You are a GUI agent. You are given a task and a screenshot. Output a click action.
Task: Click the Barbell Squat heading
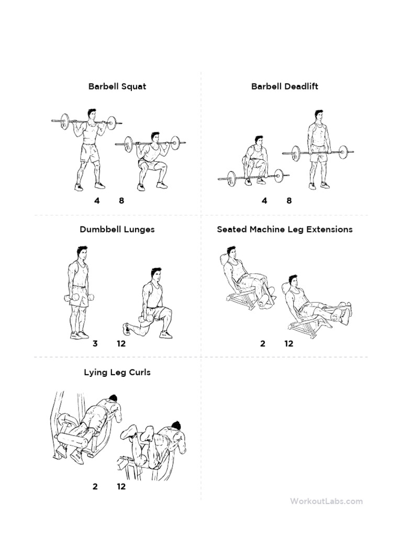(117, 86)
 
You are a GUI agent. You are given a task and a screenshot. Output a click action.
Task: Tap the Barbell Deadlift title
(284, 86)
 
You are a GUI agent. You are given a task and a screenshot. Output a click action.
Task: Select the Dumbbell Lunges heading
(117, 229)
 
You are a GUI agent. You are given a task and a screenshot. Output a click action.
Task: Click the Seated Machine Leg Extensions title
(284, 229)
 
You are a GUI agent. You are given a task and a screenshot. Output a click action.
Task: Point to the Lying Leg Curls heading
(117, 372)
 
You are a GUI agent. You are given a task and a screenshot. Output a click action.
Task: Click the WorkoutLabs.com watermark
(326, 501)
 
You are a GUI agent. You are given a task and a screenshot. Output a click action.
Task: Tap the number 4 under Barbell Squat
(97, 200)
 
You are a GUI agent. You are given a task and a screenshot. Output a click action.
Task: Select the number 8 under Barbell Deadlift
(289, 200)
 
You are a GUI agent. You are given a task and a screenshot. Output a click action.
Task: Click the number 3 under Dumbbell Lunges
(95, 344)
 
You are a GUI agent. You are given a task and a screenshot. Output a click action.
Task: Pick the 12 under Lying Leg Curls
(121, 487)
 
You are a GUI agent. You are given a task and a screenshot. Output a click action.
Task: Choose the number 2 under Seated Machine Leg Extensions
(263, 344)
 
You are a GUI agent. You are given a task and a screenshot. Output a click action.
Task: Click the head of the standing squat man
(92, 114)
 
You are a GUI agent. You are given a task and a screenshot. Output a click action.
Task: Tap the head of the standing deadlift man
(319, 115)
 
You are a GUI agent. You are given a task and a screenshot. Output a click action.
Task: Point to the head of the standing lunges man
(82, 252)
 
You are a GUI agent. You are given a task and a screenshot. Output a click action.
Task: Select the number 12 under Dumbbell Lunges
(121, 344)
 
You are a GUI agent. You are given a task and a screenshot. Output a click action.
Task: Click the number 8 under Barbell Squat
(121, 200)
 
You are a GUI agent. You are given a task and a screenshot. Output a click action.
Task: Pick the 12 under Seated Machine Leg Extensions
(289, 344)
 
